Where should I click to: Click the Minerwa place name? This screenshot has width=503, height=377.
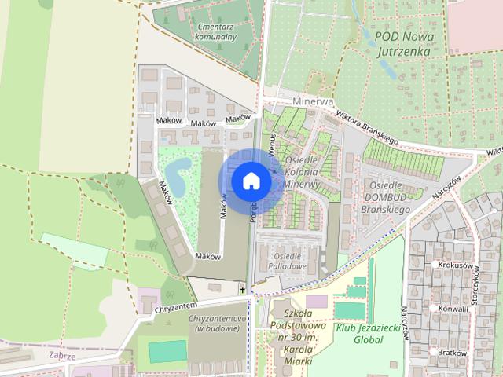click(313, 102)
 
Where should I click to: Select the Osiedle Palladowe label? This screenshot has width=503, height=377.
click(288, 262)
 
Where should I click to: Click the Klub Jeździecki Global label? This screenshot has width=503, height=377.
click(358, 335)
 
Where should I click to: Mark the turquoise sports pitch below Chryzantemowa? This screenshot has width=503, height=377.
click(168, 351)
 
